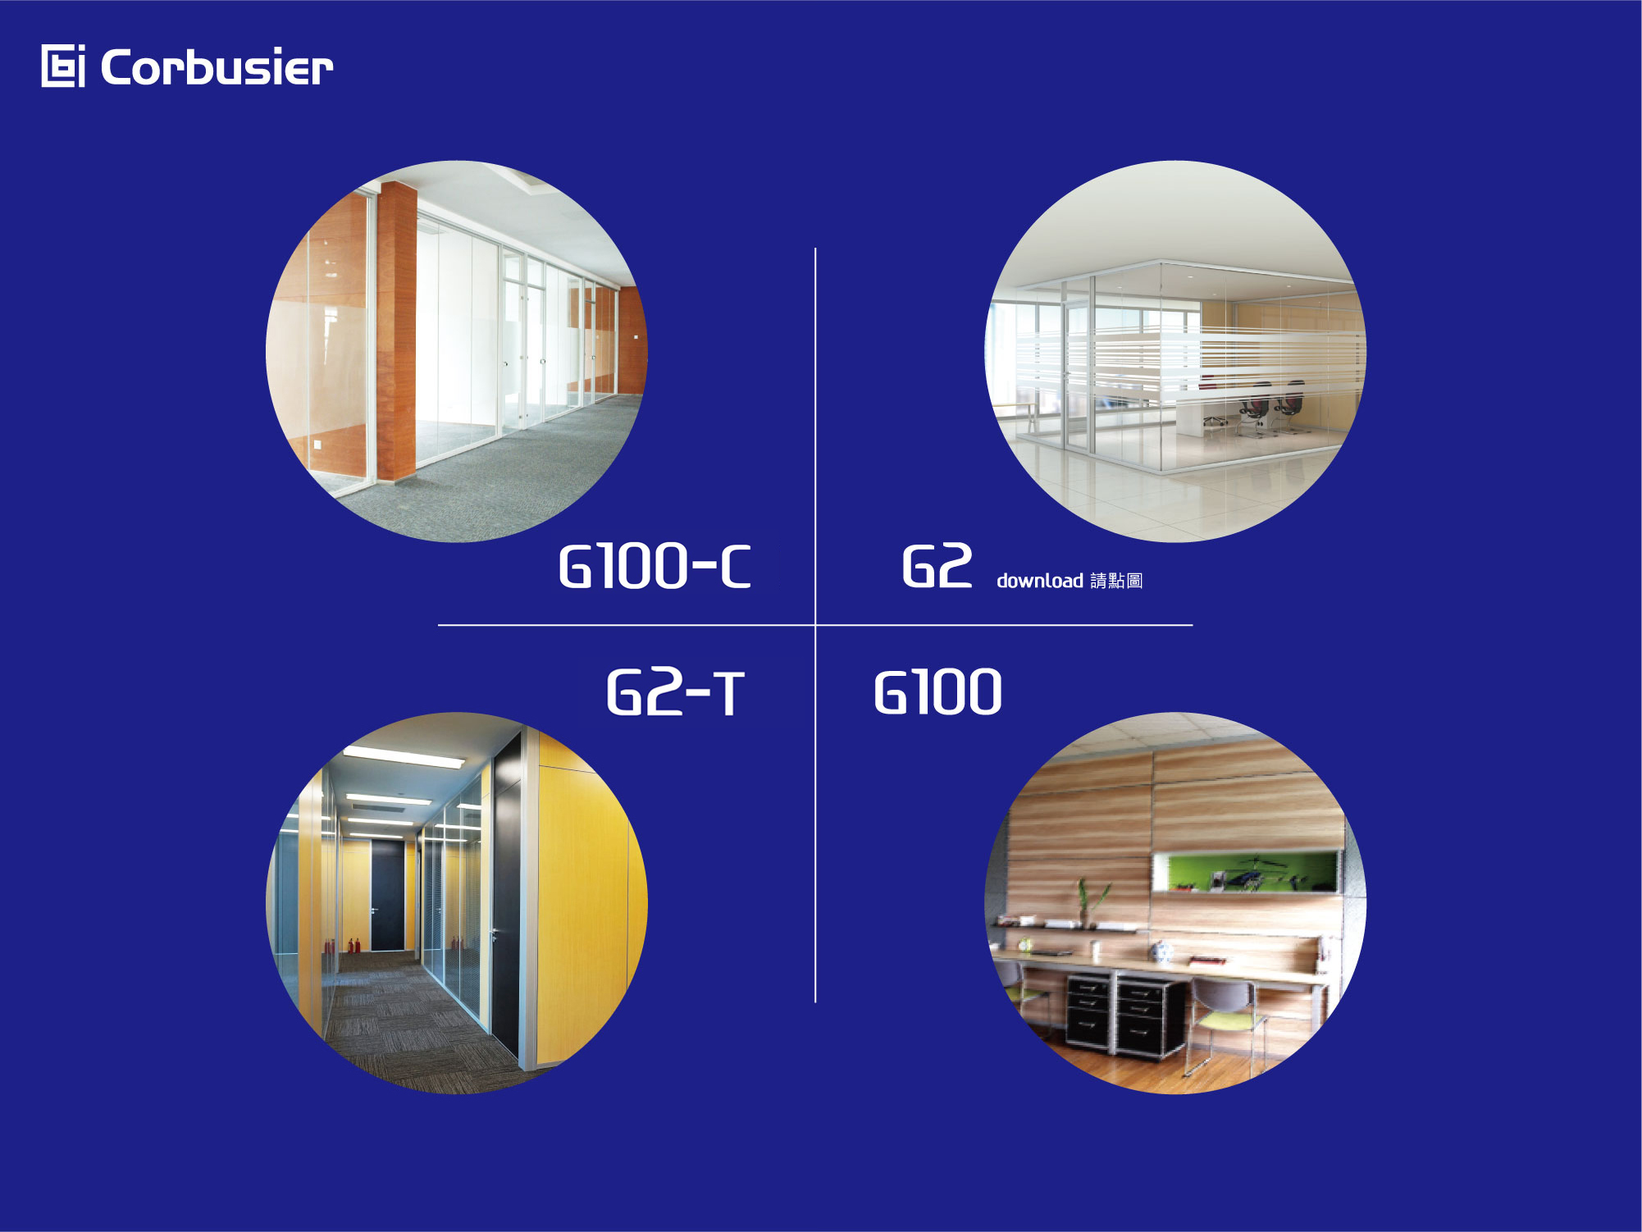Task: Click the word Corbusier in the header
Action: [217, 66]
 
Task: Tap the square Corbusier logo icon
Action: [63, 66]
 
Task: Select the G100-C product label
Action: [655, 566]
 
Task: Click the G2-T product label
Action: [675, 692]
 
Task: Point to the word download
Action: [1040, 581]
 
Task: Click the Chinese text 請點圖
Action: [1116, 581]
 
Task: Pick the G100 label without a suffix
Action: [937, 692]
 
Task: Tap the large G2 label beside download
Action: [937, 566]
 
